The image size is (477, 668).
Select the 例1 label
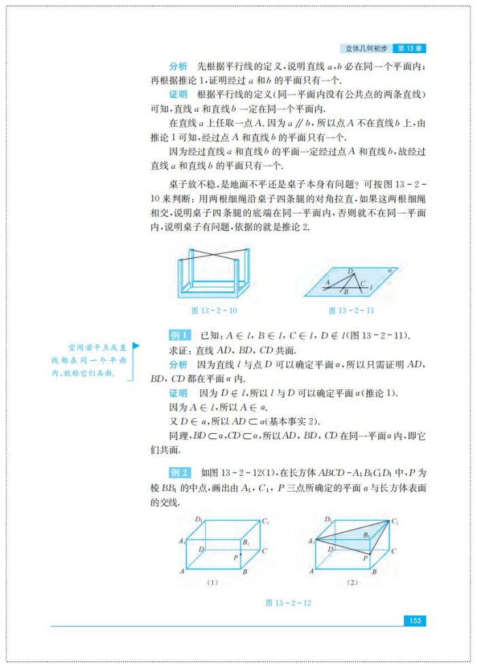(179, 336)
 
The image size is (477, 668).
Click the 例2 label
(179, 473)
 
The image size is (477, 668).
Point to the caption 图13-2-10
(214, 310)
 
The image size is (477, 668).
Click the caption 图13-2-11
(352, 310)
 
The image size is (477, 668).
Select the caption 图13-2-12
(289, 602)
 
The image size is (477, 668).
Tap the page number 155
(414, 620)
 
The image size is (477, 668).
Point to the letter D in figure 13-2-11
(350, 271)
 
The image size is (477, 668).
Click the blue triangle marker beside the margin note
(136, 347)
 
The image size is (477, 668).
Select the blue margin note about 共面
(89, 360)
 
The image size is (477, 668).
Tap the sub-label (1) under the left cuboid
(212, 583)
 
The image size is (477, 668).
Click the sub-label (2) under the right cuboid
(352, 583)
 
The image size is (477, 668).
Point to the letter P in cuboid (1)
(235, 557)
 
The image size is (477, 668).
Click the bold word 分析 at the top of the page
(179, 66)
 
